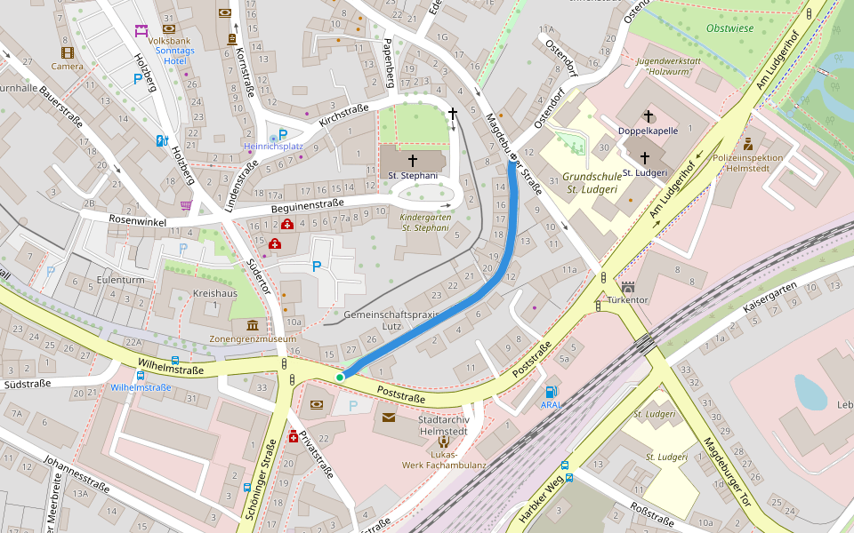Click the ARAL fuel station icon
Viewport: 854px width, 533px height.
pyautogui.click(x=552, y=391)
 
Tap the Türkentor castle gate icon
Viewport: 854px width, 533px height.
pyautogui.click(x=628, y=287)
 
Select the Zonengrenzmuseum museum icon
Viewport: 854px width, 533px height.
pyautogui.click(x=253, y=326)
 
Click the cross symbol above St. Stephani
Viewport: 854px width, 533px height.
pyautogui.click(x=413, y=160)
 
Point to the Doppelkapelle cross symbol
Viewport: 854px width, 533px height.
pyautogui.click(x=649, y=116)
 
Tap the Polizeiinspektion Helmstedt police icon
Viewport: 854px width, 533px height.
pyautogui.click(x=748, y=143)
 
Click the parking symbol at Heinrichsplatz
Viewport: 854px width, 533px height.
pyautogui.click(x=283, y=135)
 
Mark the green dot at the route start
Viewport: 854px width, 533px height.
pyautogui.click(x=340, y=378)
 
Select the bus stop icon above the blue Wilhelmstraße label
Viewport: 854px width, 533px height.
pyautogui.click(x=175, y=362)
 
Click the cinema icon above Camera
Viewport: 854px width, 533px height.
pyautogui.click(x=67, y=52)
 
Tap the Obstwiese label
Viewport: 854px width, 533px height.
pyautogui.click(x=729, y=28)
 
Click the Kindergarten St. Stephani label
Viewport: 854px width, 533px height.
pyautogui.click(x=425, y=222)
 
